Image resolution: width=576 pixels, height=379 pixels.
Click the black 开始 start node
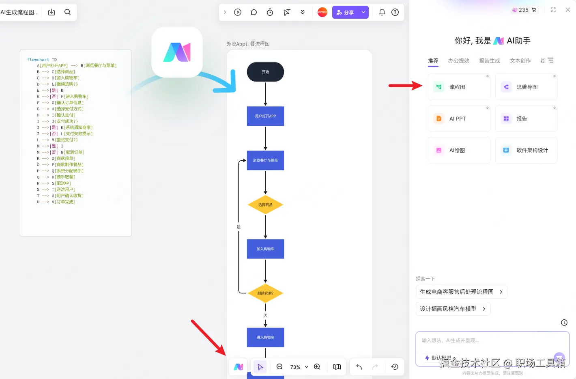point(265,72)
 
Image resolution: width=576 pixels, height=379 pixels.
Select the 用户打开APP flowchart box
point(265,116)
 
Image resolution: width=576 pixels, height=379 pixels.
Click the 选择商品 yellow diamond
point(265,205)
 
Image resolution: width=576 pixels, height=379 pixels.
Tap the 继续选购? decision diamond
point(265,293)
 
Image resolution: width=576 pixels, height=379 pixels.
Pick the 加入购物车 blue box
point(265,249)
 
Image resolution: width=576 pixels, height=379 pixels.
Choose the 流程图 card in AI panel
point(459,87)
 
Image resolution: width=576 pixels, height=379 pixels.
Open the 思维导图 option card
point(526,87)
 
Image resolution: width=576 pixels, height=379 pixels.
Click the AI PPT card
point(459,118)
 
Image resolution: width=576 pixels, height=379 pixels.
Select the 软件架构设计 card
point(526,150)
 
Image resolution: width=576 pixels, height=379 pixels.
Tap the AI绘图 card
point(459,150)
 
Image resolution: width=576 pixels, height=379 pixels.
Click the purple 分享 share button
point(345,12)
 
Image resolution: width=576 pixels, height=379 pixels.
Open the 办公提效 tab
point(458,60)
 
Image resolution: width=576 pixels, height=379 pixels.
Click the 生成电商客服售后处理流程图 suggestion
point(461,292)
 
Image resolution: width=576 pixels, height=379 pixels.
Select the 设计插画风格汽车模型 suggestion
point(453,309)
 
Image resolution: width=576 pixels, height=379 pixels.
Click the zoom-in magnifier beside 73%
point(317,366)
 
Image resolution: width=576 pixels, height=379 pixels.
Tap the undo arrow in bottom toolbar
point(359,367)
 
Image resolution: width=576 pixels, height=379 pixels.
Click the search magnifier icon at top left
point(67,12)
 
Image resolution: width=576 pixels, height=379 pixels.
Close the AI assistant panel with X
point(568,10)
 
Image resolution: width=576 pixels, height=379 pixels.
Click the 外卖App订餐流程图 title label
point(248,44)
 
